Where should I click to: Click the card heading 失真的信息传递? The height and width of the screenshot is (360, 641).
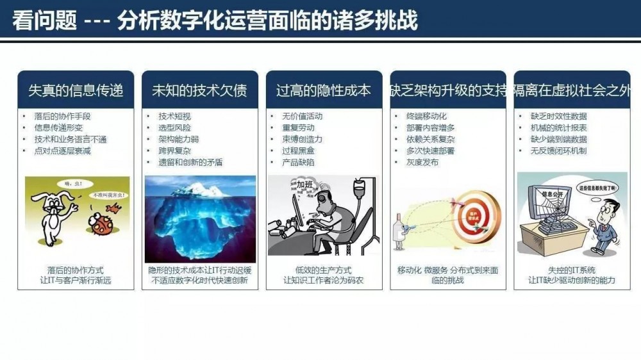tap(76, 90)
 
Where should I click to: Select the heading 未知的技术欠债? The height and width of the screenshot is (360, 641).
tap(199, 90)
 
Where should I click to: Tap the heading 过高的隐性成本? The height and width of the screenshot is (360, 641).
tap(324, 90)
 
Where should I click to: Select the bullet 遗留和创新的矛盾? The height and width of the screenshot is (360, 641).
tap(190, 163)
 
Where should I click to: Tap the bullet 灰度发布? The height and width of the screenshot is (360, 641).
tap(422, 163)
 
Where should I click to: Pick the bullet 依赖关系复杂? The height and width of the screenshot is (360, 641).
tap(431, 140)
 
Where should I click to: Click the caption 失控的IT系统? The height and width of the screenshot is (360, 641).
tap(572, 270)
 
